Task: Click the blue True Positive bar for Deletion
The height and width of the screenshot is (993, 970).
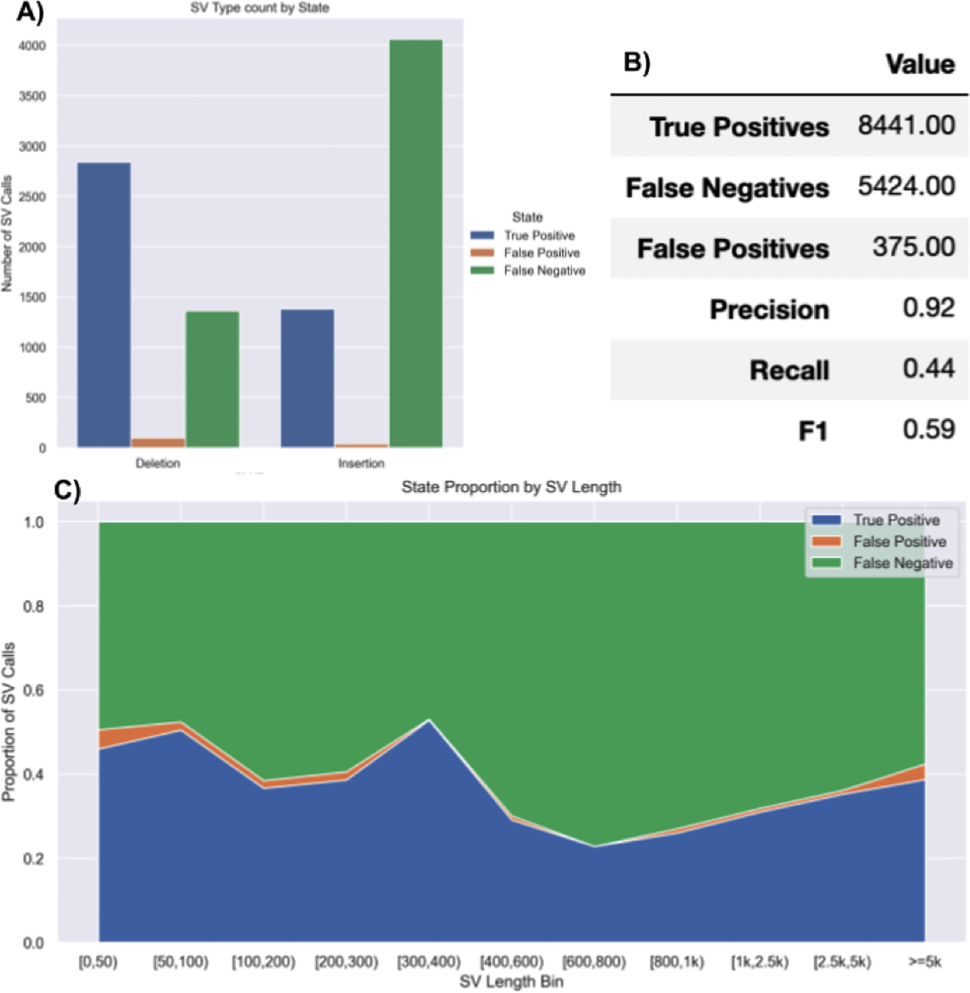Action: (104, 305)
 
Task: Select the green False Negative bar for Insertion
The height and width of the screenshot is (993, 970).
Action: (415, 244)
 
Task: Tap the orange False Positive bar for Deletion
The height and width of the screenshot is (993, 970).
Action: (158, 443)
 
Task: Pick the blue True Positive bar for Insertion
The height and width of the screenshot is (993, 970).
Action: (307, 378)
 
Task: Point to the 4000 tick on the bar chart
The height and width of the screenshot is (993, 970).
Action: (32, 46)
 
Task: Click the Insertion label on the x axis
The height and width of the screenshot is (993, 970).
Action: (361, 463)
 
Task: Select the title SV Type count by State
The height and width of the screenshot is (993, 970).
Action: (259, 8)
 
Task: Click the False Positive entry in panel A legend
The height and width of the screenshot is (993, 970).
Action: (541, 253)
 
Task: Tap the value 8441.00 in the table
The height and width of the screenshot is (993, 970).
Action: (906, 125)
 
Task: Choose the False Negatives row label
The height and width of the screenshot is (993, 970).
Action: (727, 188)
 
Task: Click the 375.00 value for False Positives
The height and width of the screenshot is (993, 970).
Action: (913, 247)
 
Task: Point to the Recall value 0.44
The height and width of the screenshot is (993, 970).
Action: (928, 369)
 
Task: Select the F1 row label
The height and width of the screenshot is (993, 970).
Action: (813, 431)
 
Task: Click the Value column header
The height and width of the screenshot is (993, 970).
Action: (920, 64)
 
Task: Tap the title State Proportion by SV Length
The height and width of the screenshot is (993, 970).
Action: (511, 487)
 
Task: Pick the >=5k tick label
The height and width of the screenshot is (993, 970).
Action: (925, 961)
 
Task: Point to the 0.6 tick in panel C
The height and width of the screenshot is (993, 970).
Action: (34, 690)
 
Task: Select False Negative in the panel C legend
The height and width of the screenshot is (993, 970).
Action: (902, 563)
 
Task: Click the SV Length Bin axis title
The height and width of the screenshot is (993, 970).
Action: (511, 981)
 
